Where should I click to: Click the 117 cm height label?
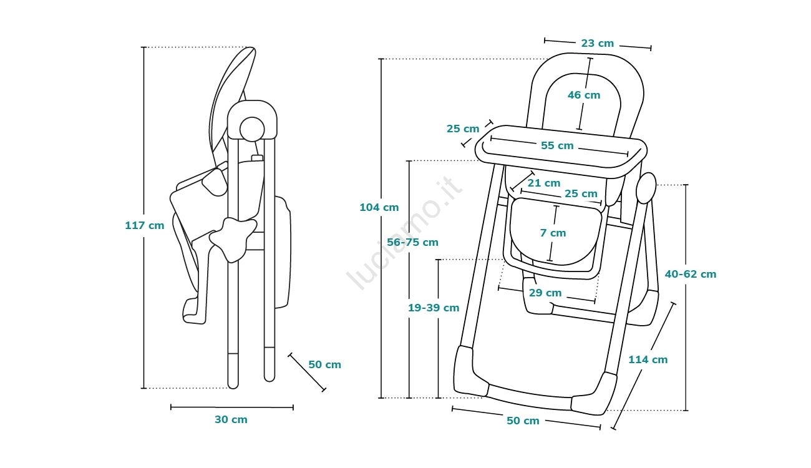click(145, 225)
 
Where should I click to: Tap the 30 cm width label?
click(231, 419)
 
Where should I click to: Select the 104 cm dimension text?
click(379, 207)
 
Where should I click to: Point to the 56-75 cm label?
click(412, 242)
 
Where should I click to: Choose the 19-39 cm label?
click(434, 308)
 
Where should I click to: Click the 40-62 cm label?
click(691, 274)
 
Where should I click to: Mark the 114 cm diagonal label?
click(648, 359)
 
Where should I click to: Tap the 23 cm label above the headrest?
click(597, 44)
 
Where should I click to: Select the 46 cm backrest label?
click(584, 95)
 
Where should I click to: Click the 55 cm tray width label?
click(557, 145)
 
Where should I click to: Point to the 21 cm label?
click(544, 183)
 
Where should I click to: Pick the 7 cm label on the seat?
click(553, 233)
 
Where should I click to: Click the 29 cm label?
click(545, 293)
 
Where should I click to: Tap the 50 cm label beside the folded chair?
click(324, 364)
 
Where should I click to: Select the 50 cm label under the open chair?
click(523, 421)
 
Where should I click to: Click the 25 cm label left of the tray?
click(463, 129)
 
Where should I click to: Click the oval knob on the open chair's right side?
click(646, 188)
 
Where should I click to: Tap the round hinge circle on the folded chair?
click(253, 129)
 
